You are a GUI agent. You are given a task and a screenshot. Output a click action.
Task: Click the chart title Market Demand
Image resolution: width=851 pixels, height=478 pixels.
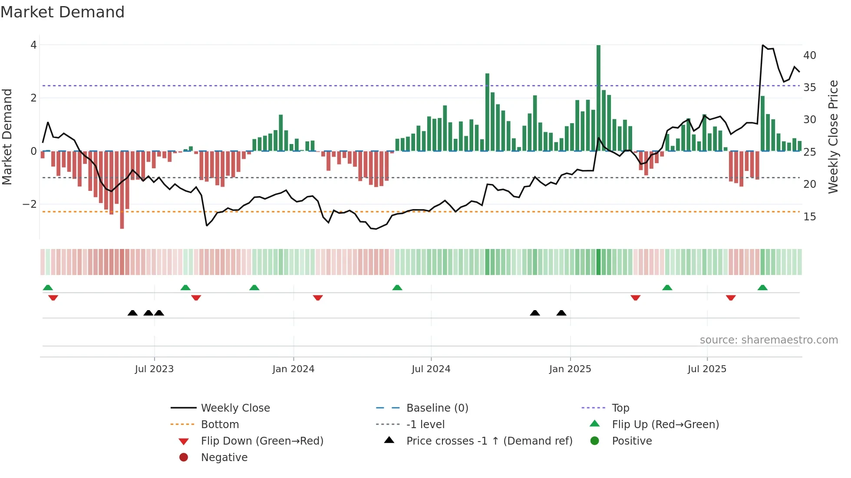(x=63, y=12)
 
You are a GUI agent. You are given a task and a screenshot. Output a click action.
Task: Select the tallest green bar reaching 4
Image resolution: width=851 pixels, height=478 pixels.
(x=598, y=98)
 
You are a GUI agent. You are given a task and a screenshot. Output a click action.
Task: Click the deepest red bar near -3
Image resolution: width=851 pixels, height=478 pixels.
(x=122, y=190)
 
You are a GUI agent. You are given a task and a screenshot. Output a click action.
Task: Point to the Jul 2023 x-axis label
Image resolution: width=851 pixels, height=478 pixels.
(x=154, y=369)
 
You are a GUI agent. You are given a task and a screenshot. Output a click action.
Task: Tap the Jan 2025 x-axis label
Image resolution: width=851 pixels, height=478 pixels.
(x=570, y=369)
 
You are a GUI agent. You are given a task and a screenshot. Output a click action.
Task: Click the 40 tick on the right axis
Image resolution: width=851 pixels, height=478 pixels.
(x=809, y=56)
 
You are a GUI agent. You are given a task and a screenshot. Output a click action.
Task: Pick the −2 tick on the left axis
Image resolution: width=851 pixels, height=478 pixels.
(x=30, y=204)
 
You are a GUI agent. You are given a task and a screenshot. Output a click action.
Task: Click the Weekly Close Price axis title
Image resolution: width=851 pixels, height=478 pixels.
(x=833, y=137)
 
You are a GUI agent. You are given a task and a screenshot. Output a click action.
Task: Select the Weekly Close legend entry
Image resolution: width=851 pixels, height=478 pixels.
(x=235, y=408)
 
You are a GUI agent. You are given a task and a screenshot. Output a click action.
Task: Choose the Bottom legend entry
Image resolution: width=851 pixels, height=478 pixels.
(x=220, y=425)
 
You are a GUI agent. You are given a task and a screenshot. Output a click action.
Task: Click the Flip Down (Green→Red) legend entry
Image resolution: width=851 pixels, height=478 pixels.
(x=262, y=441)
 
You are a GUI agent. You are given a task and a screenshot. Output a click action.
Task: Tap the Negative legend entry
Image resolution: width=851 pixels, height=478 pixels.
(x=224, y=458)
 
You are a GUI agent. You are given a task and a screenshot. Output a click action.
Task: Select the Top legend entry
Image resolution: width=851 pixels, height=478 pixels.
(x=620, y=408)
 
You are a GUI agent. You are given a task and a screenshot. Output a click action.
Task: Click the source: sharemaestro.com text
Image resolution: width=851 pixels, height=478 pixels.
(x=769, y=340)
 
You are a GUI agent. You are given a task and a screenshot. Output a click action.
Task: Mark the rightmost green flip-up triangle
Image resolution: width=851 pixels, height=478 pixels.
(x=762, y=288)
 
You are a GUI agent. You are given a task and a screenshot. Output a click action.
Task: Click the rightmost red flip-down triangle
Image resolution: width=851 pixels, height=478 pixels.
(x=731, y=298)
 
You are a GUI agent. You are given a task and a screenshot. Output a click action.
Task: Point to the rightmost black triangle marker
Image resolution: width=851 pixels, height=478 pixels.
(x=561, y=313)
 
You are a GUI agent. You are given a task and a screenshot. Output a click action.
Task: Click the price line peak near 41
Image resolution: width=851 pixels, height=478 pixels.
(x=763, y=45)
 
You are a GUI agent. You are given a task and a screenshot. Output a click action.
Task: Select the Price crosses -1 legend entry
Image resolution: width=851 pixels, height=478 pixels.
(x=489, y=441)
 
